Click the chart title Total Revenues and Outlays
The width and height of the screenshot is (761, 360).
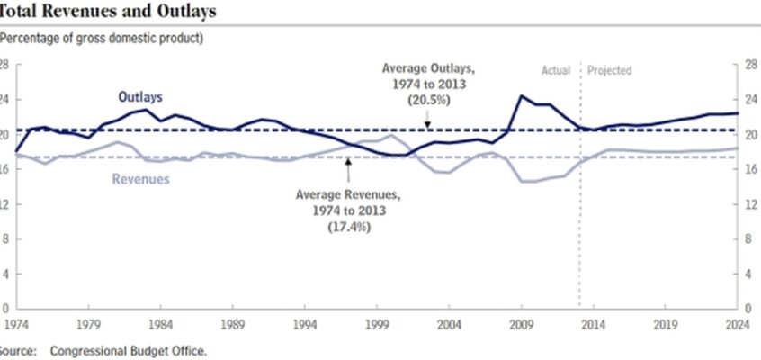coord(107,11)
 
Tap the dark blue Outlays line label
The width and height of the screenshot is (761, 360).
coord(140,97)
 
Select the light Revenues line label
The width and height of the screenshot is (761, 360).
coord(140,179)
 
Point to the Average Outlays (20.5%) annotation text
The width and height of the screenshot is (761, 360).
coord(428,85)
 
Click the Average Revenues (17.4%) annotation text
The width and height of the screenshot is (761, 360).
coord(349,211)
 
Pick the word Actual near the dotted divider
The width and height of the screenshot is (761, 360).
coord(556,70)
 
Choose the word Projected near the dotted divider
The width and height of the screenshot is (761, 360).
coord(610,70)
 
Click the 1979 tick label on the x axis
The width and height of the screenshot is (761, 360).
coord(89,324)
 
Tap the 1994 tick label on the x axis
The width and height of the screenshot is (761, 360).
coord(305,324)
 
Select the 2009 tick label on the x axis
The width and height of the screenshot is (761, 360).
coord(521,324)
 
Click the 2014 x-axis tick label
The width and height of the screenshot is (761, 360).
coord(593,324)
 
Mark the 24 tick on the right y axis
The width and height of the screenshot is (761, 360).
coord(750,100)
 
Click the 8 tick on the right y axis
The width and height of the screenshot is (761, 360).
coord(748,239)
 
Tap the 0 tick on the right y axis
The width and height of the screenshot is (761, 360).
coord(748,309)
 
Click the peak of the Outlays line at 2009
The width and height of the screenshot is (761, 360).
coord(521,95)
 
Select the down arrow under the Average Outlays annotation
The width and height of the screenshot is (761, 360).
coord(427,119)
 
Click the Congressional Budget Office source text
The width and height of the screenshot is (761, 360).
coord(129,351)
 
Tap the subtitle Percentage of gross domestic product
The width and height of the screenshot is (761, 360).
coord(101,39)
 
